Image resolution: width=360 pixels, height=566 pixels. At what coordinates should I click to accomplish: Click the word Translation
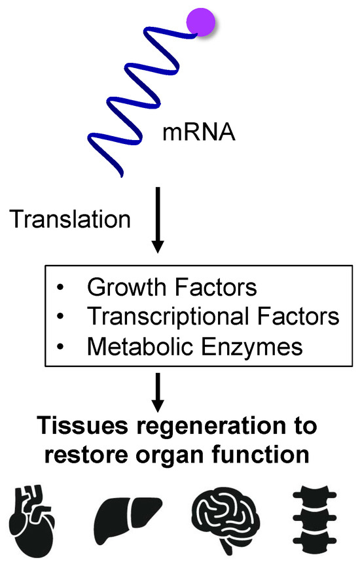(x=69, y=219)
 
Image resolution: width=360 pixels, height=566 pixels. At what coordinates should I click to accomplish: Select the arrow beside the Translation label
(x=157, y=220)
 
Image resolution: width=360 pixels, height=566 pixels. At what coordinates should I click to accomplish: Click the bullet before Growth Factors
(x=61, y=289)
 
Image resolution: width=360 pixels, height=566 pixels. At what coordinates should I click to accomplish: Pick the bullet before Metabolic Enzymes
(x=61, y=347)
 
